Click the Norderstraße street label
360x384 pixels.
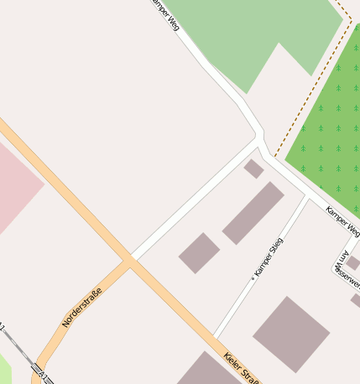coord(82,307)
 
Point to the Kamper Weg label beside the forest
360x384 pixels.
coord(342,221)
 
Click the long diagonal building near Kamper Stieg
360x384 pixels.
coord(253,213)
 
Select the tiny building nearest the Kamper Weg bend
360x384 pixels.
coord(253,169)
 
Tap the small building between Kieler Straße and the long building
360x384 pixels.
coord(199,253)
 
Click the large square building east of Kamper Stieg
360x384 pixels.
coord(291,334)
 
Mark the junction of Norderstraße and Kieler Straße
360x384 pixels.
coord(130,261)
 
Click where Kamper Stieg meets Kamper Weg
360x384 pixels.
coord(305,195)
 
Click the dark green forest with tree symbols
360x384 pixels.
coord(327,134)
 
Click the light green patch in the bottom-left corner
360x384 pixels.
coord(4,369)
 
